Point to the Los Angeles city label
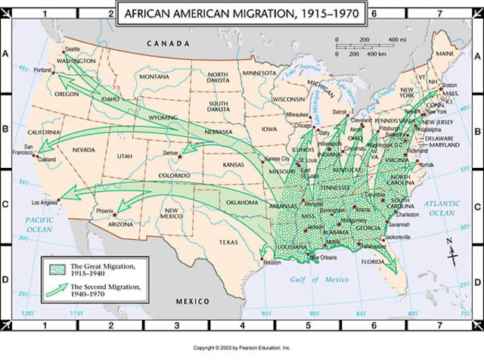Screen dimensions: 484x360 tap(43, 203)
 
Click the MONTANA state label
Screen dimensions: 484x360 tap(154, 76)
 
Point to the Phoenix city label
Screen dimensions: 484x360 tap(104, 210)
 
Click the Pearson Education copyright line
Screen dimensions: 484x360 tap(241, 348)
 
